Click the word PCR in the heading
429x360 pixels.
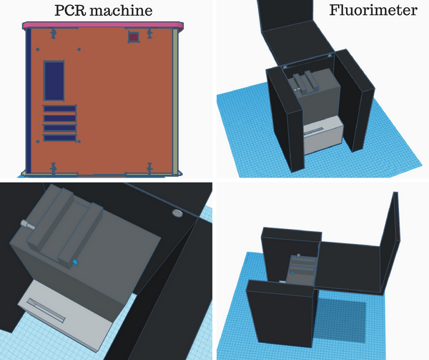tap(70, 11)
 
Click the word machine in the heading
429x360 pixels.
tap(121, 11)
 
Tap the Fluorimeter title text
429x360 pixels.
tap(373, 11)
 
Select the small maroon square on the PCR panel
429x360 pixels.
tap(134, 37)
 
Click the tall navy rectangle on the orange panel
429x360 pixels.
tap(54, 81)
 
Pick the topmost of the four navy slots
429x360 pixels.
tap(59, 109)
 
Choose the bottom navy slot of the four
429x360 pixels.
tap(59, 138)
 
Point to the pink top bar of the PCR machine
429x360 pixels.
tap(103, 26)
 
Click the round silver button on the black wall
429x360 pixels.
tap(177, 213)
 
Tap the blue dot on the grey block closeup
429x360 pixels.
tap(75, 263)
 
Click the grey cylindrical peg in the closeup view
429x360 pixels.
tap(27, 225)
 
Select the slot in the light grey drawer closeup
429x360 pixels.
tap(46, 311)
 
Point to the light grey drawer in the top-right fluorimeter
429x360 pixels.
tap(324, 135)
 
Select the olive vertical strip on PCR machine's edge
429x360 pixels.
tap(175, 102)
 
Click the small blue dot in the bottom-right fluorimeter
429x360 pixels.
tap(292, 273)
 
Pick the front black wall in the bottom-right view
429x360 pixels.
tap(280, 313)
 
